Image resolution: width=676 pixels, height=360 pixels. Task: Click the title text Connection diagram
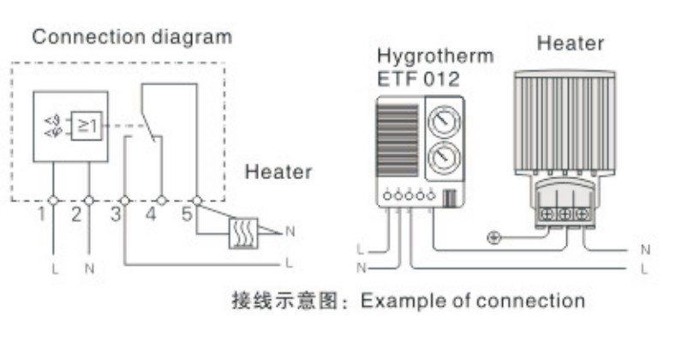tap(132, 38)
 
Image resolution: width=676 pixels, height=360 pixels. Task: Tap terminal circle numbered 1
tap(53, 201)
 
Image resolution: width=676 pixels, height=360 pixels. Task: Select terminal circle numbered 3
tap(125, 201)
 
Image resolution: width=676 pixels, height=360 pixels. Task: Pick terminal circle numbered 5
tap(197, 201)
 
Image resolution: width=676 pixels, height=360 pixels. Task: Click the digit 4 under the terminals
tap(151, 213)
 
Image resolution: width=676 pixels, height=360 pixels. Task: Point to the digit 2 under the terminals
tap(76, 214)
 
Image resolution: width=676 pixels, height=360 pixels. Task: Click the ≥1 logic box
tap(87, 126)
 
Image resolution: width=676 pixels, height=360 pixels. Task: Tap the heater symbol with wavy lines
tap(243, 233)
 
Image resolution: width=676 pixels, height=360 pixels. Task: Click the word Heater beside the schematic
tap(278, 172)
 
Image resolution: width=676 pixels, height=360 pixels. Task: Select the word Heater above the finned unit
tap(571, 44)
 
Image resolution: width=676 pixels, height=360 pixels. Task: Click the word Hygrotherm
tap(435, 57)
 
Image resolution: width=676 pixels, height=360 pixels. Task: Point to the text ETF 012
tap(418, 80)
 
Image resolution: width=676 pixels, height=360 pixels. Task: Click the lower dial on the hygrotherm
tap(444, 158)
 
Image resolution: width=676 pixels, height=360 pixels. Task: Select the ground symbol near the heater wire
tap(494, 237)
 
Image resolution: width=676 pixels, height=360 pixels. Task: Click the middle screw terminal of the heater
tap(565, 213)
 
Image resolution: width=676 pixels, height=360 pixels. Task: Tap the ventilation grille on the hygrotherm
tap(398, 140)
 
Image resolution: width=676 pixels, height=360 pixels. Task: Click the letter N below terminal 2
tap(89, 269)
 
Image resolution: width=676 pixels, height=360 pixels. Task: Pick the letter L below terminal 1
tap(54, 269)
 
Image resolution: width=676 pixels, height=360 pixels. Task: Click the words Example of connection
tap(473, 301)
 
